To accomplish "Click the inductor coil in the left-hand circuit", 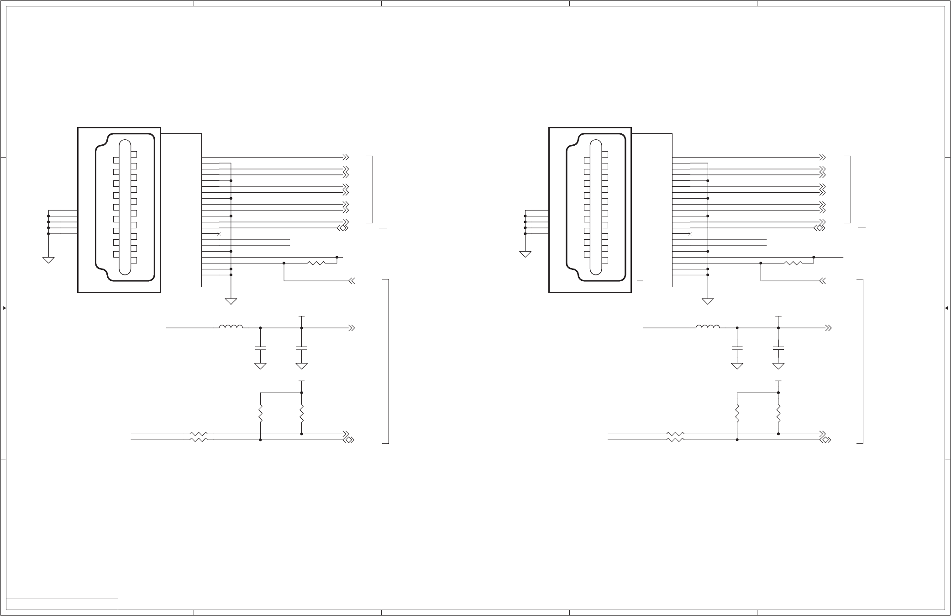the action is [231, 326].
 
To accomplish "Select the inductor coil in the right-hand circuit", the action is [708, 326].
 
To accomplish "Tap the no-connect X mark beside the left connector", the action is [219, 234].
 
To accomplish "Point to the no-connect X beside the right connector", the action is [690, 234].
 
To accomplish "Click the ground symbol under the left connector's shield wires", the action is [48, 260].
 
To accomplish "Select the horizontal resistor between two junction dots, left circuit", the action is [316, 263].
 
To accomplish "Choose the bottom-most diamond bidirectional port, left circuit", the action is [349, 440].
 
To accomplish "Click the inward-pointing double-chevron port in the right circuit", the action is [823, 281].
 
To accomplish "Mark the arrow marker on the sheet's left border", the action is [4, 308].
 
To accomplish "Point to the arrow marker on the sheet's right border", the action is [947, 308].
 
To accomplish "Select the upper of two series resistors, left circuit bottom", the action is [199, 434].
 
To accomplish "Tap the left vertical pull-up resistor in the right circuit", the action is [737, 414].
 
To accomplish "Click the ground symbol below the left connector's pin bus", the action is [231, 301].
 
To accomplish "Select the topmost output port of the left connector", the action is [346, 157].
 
